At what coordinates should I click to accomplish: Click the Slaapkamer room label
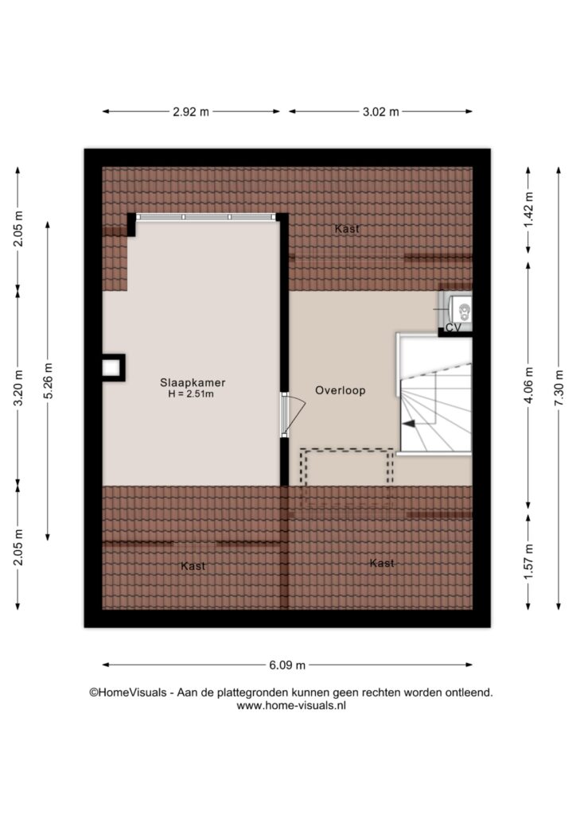click(x=193, y=382)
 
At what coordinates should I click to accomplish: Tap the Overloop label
click(x=341, y=390)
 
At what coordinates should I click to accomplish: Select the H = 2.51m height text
click(x=191, y=394)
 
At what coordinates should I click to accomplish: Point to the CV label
click(x=453, y=328)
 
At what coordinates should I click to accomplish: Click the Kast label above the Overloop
click(x=347, y=228)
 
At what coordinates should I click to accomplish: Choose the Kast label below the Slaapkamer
click(x=193, y=566)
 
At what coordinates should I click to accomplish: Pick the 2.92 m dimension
click(x=191, y=111)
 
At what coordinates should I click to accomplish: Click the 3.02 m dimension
click(x=381, y=111)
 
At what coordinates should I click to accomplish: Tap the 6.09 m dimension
click(x=287, y=665)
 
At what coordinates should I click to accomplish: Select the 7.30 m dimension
click(x=558, y=388)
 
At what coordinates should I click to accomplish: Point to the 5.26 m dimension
click(x=48, y=381)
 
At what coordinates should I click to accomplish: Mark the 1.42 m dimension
click(x=529, y=210)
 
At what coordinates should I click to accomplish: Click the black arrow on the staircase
click(x=409, y=424)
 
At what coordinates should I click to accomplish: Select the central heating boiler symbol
click(x=461, y=310)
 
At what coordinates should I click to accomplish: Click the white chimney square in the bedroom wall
click(x=111, y=367)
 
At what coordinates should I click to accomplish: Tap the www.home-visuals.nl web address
click(x=291, y=706)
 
